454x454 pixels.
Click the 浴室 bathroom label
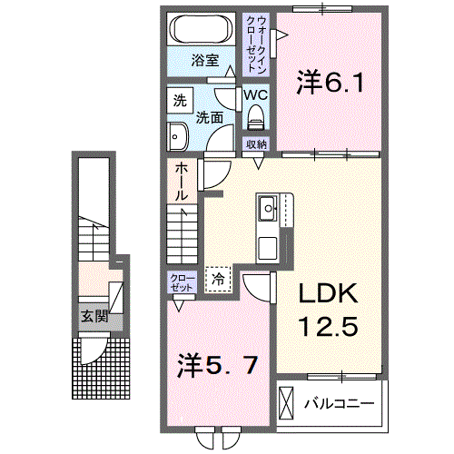pyautogui.click(x=204, y=61)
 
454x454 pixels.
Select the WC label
pyautogui.click(x=254, y=94)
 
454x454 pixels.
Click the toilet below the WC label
pyautogui.click(x=255, y=116)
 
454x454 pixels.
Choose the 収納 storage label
pyautogui.click(x=256, y=144)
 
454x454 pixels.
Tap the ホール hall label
pyautogui.click(x=182, y=181)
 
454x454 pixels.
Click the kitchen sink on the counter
pyautogui.click(x=269, y=210)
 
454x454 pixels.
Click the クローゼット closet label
pyautogui.click(x=180, y=282)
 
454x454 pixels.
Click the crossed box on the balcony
pyautogui.click(x=288, y=401)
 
